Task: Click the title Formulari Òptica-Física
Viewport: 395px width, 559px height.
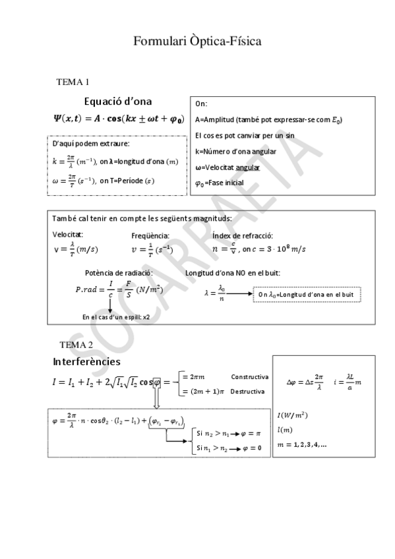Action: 198,42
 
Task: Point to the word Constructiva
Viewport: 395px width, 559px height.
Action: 249,377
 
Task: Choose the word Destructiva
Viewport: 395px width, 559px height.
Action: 248,391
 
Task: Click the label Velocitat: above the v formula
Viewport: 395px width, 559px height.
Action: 68,235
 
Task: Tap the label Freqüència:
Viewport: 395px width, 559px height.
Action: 150,235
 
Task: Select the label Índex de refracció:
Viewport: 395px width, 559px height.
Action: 243,235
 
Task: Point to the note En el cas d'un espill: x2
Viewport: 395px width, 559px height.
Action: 116,317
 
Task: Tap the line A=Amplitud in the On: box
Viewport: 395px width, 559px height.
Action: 268,119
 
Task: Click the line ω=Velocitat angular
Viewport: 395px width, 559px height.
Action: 231,167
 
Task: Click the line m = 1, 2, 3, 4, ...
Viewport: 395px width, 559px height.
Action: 302,445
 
